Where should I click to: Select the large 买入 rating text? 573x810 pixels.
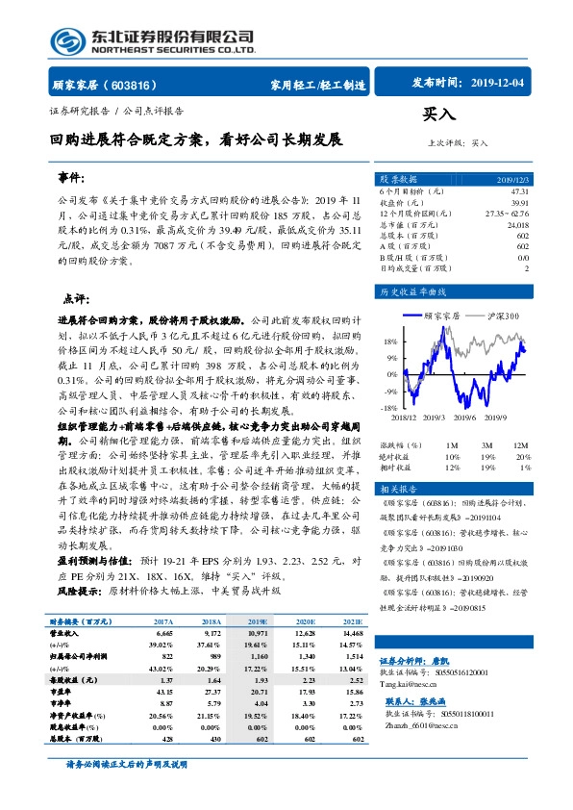(438, 114)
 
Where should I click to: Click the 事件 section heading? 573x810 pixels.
(73, 179)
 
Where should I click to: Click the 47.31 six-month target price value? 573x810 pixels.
(519, 192)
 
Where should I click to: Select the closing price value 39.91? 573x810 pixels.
(519, 203)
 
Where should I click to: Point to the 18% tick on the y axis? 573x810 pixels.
(389, 342)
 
